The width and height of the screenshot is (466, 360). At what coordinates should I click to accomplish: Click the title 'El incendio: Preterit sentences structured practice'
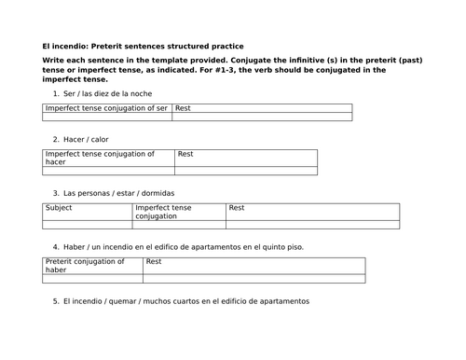pyautogui.click(x=148, y=47)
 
